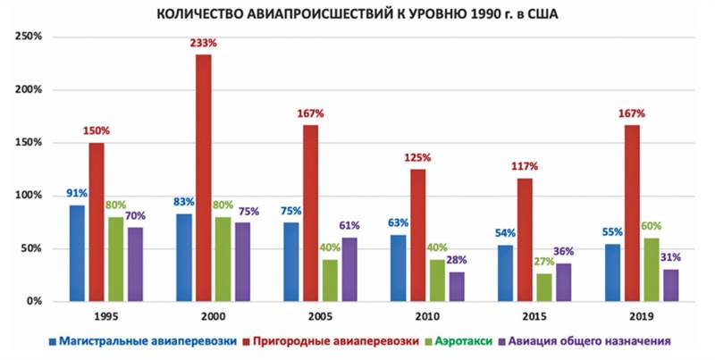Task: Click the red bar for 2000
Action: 204,179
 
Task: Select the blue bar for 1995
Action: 78,254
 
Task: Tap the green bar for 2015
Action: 544,288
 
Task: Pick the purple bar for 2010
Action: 456,287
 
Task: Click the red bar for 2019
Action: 632,213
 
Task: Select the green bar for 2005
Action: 331,280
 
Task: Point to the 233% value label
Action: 203,42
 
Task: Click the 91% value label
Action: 77,193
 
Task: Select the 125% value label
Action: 417,157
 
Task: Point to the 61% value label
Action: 349,225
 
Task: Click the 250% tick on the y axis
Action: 29,38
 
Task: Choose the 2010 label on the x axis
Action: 427,317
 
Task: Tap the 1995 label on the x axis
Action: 106,317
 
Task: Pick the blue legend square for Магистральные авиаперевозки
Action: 54,341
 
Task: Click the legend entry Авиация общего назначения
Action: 591,341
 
